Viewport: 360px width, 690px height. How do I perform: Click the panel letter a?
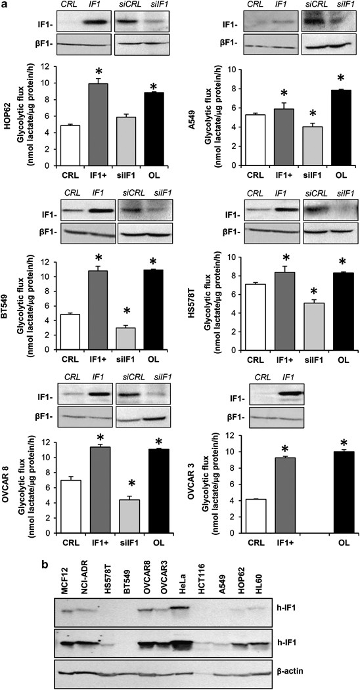pos(6,6)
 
